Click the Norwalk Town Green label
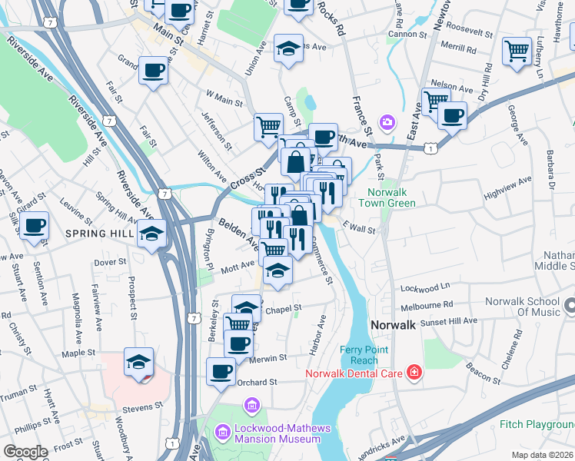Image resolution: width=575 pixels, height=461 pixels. [x=391, y=197]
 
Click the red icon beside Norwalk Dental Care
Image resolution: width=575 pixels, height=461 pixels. [x=414, y=373]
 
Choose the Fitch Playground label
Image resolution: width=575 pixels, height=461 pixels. [x=537, y=424]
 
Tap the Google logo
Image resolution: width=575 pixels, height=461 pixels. [x=25, y=452]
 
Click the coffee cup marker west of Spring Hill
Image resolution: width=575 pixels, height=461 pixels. [x=35, y=226]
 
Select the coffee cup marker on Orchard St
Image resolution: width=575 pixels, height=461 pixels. [x=221, y=372]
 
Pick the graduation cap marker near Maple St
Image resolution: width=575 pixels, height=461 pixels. [x=139, y=362]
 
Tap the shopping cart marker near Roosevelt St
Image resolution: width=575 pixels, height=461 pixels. [x=517, y=51]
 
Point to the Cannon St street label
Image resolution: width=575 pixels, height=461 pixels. [x=407, y=35]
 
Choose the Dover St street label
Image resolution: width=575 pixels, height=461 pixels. [x=111, y=262]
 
